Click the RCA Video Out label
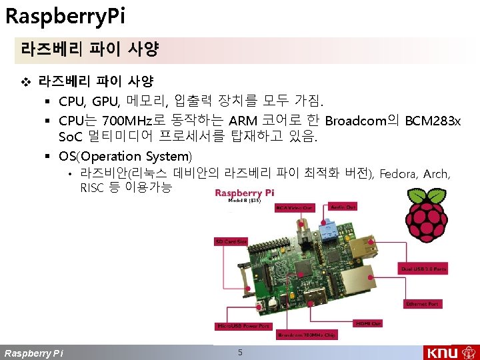(294, 208)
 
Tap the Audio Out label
(343, 207)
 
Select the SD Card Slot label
(231, 241)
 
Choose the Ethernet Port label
(423, 304)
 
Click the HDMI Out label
(368, 323)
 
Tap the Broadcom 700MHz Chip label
(307, 335)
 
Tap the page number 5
(240, 352)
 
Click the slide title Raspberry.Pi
(55, 15)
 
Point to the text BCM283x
(433, 121)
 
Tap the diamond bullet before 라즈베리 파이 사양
(26, 82)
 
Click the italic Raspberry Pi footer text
(34, 353)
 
